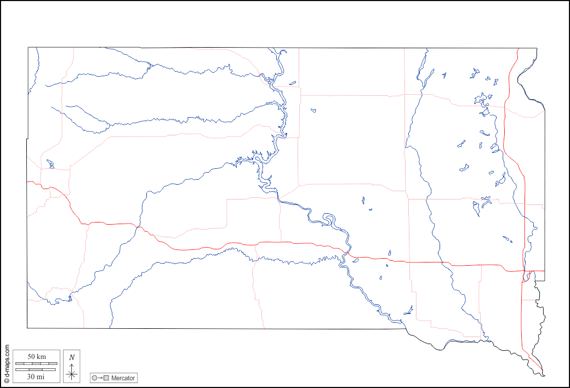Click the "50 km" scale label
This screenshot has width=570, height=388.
tap(36, 357)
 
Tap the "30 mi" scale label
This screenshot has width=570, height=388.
tap(36, 376)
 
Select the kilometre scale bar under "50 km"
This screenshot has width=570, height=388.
tap(36, 363)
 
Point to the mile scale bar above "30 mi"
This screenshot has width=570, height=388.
tap(36, 369)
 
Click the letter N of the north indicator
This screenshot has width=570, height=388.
tap(72, 357)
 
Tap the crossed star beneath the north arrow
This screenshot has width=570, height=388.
tap(72, 374)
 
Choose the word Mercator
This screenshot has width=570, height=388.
tap(123, 378)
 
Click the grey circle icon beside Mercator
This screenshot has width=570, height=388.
tap(95, 378)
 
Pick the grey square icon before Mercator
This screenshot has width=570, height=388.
tap(107, 378)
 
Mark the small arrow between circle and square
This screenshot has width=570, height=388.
tap(101, 378)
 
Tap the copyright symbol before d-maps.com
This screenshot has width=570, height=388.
tap(7, 380)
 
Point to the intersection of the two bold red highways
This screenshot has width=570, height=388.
tap(524, 271)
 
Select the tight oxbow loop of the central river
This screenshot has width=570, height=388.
tap(329, 220)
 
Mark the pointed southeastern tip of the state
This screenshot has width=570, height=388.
tap(544, 375)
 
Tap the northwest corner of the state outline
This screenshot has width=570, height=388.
tap(29, 48)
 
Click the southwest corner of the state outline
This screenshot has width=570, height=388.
tap(27, 328)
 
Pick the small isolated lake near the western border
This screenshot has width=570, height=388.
tap(50, 164)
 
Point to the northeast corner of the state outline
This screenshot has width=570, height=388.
tap(536, 48)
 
